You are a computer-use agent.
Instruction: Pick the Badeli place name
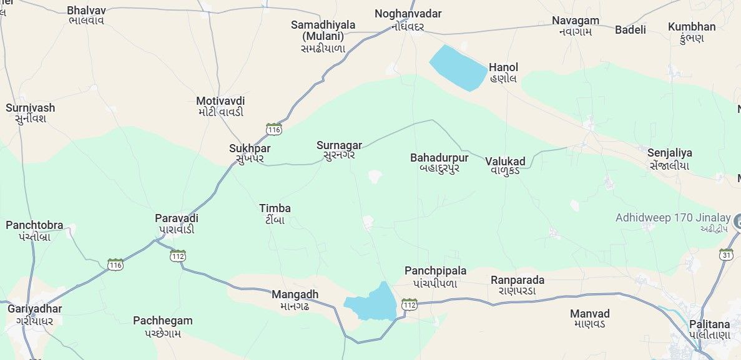click(x=630, y=29)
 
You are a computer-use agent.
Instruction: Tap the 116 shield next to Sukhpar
click(x=273, y=129)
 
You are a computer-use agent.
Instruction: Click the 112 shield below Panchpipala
click(x=409, y=304)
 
